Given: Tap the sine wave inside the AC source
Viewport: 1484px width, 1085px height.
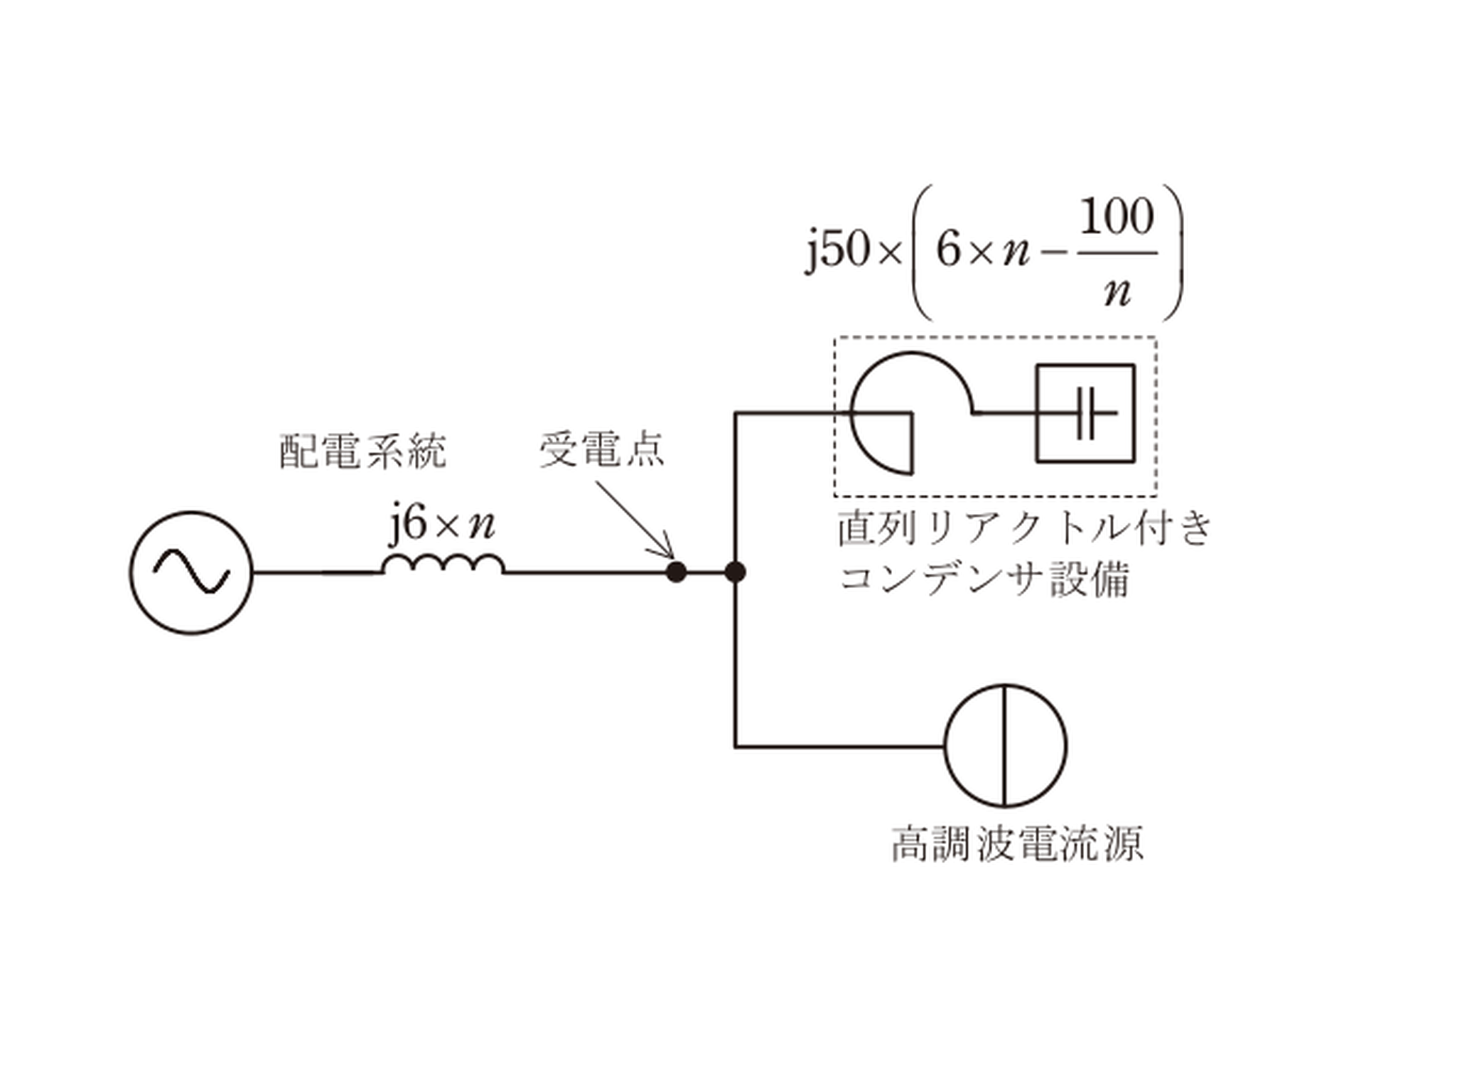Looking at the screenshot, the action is (x=191, y=572).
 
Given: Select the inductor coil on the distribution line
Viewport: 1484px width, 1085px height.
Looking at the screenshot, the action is (x=443, y=563).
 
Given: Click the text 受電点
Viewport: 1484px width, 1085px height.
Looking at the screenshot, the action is (x=602, y=450).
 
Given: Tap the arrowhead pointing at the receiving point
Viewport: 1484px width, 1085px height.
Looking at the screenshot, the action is (x=665, y=549).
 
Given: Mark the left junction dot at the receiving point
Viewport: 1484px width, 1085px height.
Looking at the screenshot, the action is (x=676, y=572).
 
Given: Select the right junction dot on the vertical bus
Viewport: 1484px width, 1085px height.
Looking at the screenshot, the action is (x=735, y=572).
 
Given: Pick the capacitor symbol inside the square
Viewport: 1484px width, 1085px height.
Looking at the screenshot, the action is (x=1087, y=413).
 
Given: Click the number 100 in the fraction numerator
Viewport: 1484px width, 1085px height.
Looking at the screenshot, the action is (x=1117, y=217).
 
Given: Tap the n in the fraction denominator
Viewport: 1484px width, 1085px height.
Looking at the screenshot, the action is (x=1117, y=292).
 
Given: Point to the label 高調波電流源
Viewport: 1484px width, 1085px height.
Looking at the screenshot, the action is (x=1017, y=844).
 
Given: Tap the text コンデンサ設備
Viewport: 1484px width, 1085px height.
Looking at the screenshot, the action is (x=984, y=579).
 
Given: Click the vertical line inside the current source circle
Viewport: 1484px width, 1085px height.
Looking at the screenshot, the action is (x=1005, y=746).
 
